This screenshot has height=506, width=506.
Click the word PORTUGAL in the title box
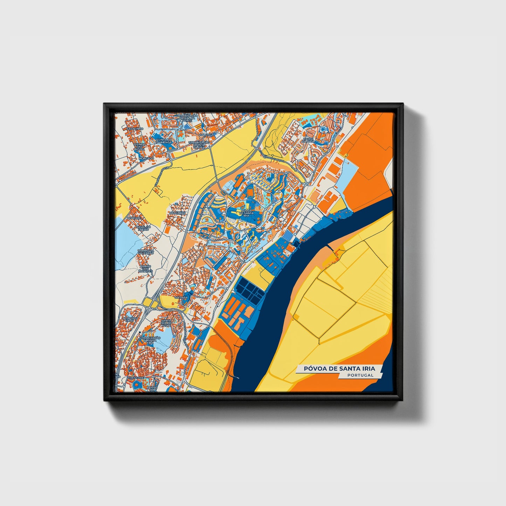(360, 375)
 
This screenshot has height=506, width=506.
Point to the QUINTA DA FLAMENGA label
(165, 141)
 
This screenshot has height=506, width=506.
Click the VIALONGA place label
(206, 134)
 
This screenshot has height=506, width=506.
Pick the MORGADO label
(146, 158)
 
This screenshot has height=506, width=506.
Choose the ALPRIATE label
(134, 218)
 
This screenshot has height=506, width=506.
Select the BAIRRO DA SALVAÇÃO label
(146, 252)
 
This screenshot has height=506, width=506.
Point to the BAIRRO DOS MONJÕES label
(145, 268)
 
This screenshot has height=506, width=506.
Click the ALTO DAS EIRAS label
(130, 319)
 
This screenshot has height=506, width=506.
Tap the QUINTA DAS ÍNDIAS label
(139, 146)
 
